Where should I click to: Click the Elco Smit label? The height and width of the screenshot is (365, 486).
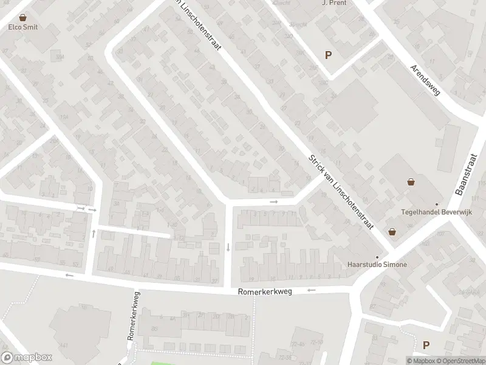23,27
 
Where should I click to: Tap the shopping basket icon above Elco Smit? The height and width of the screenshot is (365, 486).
23,18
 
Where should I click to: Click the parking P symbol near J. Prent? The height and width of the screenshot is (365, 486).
329,55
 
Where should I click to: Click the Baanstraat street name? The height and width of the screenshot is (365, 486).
465,173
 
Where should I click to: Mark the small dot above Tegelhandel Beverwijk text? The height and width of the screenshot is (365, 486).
436,204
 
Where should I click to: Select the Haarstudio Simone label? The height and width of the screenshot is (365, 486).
377,265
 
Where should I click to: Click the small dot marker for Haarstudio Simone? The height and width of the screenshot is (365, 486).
377,257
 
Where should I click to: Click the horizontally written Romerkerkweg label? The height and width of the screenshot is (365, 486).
265,292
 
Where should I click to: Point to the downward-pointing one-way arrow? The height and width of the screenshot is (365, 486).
228,246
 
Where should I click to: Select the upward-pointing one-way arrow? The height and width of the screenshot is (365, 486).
94,232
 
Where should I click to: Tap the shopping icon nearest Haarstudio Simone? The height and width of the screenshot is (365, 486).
392,232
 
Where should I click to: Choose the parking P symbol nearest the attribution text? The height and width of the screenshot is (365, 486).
426,345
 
